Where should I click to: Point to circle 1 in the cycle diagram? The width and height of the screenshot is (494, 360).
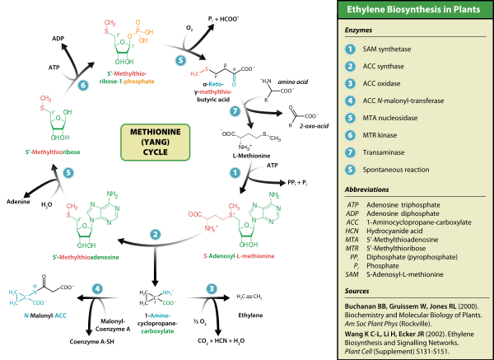tap(235, 174)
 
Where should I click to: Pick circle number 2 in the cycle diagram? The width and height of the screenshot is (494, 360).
tap(155, 235)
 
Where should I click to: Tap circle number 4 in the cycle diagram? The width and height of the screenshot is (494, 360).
tap(96, 289)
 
